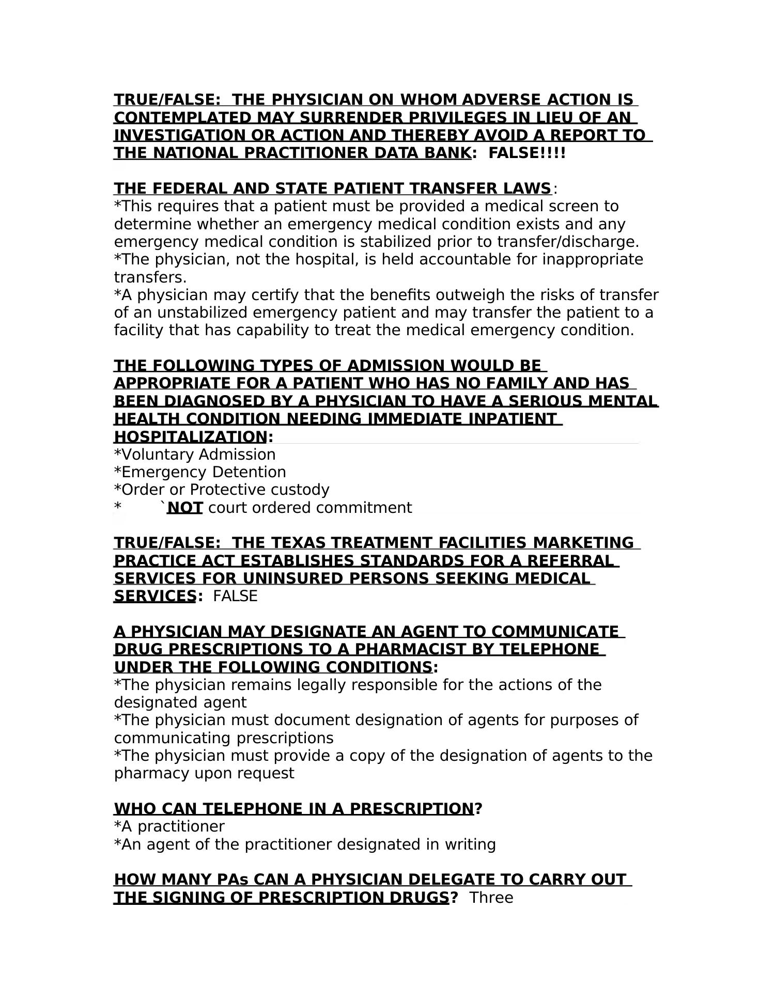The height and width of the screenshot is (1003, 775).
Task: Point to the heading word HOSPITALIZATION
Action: pos(190,437)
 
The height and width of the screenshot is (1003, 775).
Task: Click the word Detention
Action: pos(249,472)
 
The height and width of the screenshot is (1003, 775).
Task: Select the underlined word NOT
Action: pos(185,508)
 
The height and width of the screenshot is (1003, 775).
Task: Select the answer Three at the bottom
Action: pos(491,898)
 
